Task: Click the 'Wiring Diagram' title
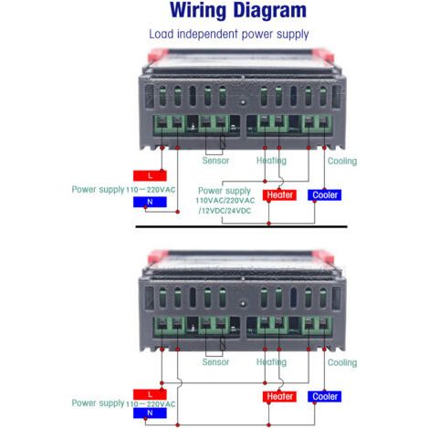238,10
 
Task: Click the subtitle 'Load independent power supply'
229,34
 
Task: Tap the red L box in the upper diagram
150,175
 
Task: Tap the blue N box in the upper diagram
150,202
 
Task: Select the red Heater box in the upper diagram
279,194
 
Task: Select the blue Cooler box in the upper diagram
325,194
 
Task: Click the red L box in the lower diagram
150,394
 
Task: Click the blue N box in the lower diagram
150,413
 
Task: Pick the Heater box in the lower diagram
279,396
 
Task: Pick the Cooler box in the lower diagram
325,396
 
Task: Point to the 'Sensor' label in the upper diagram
215,161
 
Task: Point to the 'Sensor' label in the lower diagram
215,362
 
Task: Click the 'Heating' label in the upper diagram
271,161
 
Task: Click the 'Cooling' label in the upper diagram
342,161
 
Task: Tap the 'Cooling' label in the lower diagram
342,362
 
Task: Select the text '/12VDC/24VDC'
225,211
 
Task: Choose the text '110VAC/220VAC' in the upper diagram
225,201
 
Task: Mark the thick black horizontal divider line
241,226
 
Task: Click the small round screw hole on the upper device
243,102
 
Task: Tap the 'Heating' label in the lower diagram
271,362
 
